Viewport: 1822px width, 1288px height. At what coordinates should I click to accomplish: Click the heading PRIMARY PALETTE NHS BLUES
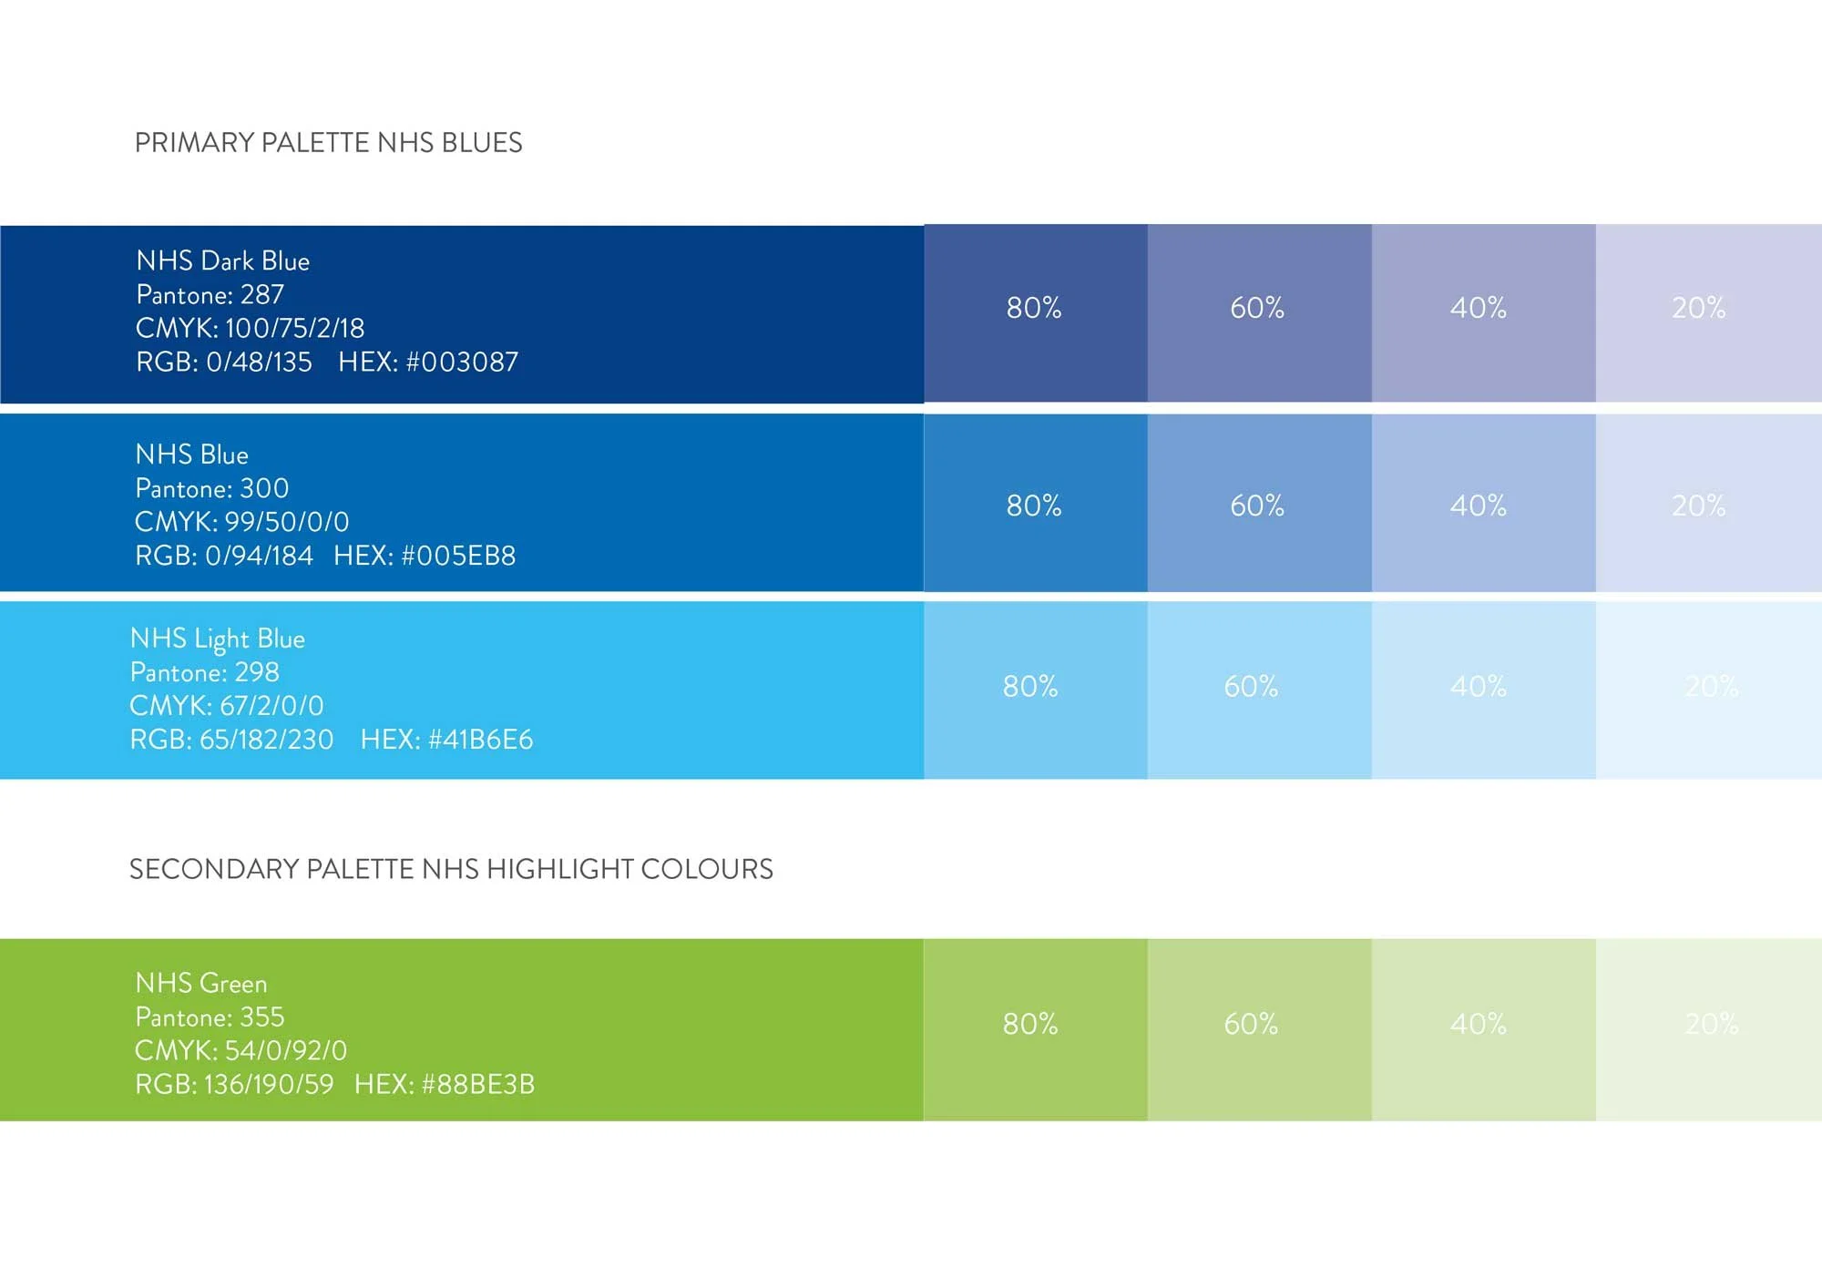click(x=328, y=143)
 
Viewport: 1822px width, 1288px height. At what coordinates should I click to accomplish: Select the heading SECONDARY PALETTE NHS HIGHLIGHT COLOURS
click(x=451, y=869)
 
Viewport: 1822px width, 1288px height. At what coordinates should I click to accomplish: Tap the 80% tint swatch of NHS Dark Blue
click(x=1035, y=312)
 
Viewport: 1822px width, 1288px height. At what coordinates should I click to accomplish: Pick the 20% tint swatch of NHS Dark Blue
click(x=1708, y=312)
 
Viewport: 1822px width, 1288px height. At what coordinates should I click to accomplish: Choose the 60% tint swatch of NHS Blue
click(x=1259, y=503)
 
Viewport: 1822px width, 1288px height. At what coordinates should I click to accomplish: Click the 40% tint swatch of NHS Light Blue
click(x=1483, y=690)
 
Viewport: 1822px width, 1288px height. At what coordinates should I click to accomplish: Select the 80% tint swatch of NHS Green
click(x=1035, y=1029)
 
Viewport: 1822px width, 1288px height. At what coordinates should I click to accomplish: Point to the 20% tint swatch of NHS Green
click(x=1708, y=1029)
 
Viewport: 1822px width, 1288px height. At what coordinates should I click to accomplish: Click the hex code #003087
click(x=462, y=363)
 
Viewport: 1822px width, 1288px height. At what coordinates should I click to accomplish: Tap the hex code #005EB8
click(x=458, y=556)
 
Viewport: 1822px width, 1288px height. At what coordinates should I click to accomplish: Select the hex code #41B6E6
click(x=480, y=740)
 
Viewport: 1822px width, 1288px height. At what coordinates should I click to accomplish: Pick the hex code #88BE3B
click(x=478, y=1085)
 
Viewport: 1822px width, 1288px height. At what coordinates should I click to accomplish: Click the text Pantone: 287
click(x=210, y=295)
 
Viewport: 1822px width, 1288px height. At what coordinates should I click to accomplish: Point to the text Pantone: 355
click(x=210, y=1017)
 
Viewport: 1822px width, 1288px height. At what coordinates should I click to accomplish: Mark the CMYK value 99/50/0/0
click(x=287, y=522)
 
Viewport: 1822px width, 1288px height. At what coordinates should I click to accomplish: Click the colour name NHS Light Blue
click(x=218, y=639)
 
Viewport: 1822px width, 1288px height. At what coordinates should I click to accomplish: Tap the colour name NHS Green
click(x=201, y=984)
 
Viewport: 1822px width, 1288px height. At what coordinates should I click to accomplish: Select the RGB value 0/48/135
click(x=259, y=363)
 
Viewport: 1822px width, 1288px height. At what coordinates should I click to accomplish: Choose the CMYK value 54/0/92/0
click(x=286, y=1051)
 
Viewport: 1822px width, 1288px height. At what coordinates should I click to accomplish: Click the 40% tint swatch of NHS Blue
click(x=1483, y=503)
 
